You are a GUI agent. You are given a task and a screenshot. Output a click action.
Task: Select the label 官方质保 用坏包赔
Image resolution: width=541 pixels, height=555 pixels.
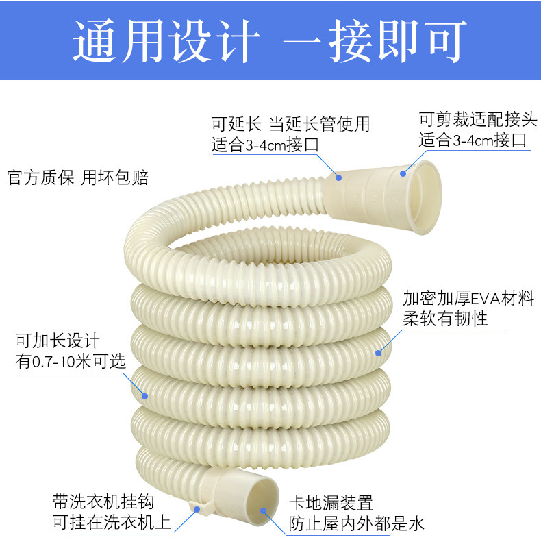(x=77, y=178)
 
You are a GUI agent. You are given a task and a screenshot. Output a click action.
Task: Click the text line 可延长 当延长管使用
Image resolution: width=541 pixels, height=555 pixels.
(x=290, y=124)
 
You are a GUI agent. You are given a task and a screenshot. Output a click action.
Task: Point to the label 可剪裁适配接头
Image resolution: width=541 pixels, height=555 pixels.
(x=473, y=120)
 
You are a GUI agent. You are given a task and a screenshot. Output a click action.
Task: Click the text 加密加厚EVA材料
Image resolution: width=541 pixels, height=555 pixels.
(x=468, y=299)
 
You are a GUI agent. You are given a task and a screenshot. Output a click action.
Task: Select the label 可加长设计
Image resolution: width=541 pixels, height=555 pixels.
(x=58, y=341)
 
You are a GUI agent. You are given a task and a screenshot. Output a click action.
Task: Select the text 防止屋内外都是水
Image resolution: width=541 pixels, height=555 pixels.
(x=356, y=524)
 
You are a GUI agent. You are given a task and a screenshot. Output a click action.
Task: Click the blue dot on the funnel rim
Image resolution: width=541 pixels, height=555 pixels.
(x=404, y=173)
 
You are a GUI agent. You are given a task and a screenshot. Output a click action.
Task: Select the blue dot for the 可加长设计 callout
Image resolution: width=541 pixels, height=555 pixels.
(x=144, y=395)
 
